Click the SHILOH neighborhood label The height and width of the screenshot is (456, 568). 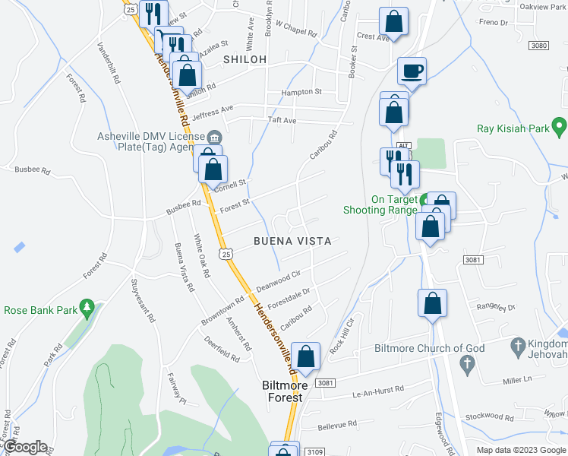245,59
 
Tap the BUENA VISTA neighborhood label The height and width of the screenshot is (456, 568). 293,241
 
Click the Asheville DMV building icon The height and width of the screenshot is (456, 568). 214,137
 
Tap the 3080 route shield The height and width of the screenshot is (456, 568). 539,46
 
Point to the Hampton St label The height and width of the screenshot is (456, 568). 301,92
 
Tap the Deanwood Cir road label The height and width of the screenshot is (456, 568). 279,281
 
